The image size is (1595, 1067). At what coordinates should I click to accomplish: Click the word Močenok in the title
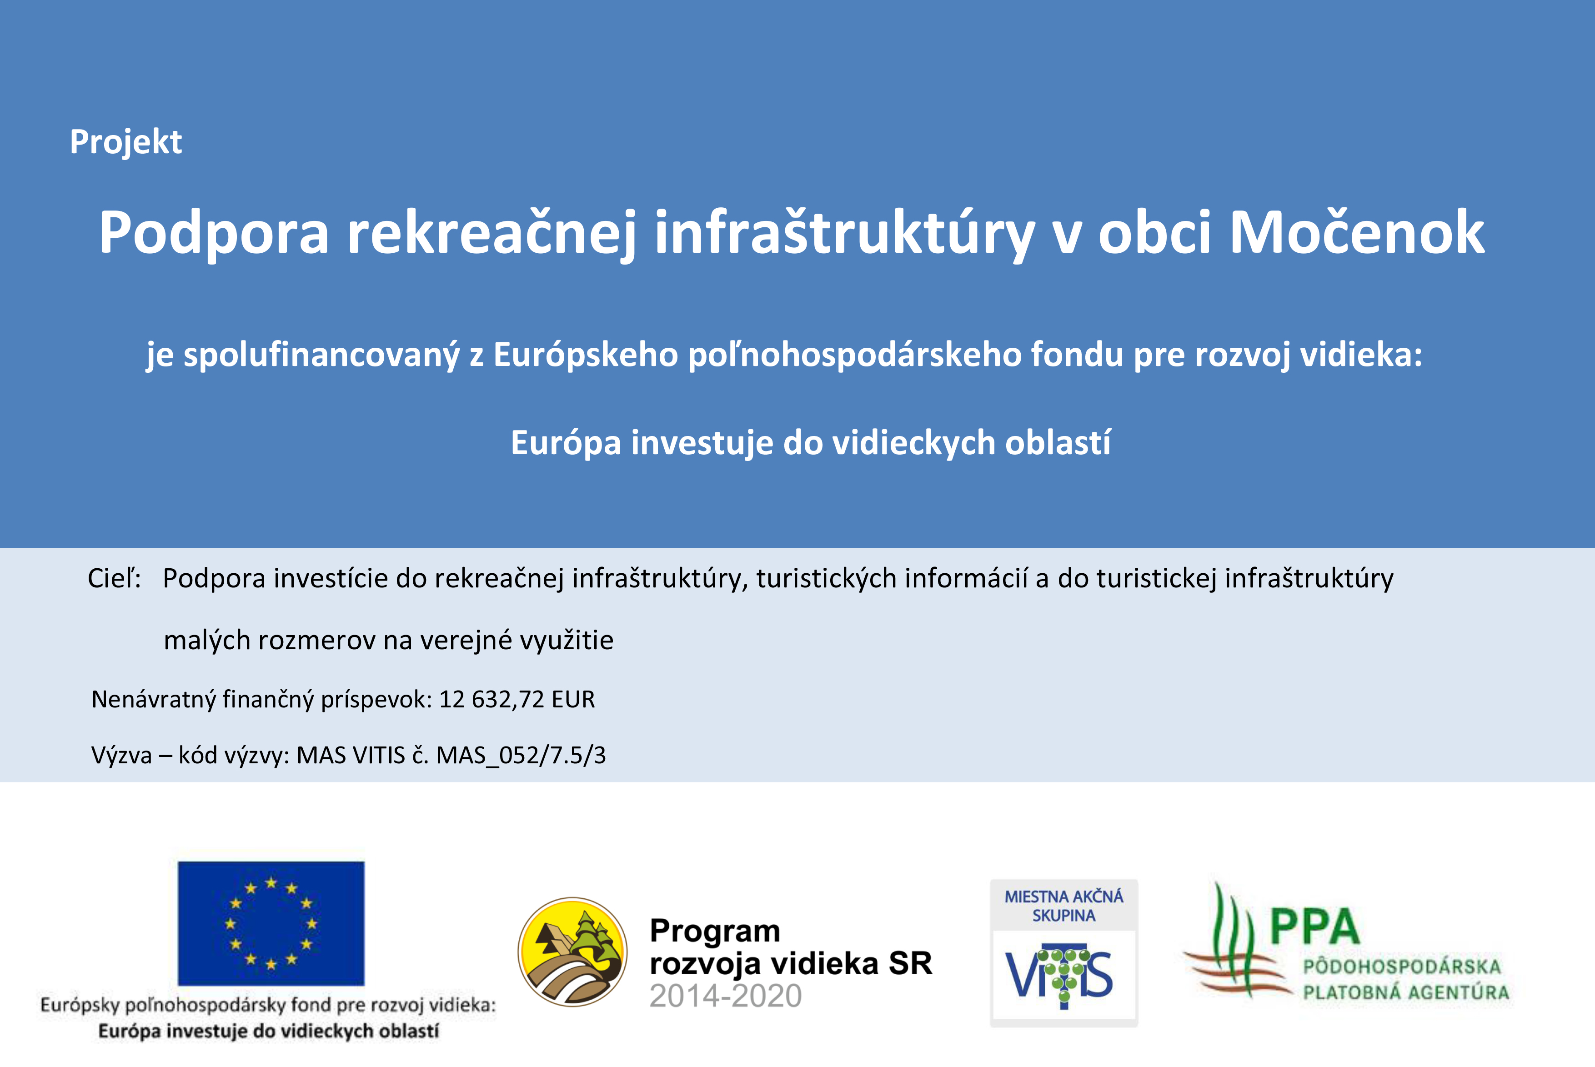1357,233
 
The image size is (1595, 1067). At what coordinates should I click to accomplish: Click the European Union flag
271,923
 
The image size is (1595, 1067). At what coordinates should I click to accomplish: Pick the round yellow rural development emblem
572,952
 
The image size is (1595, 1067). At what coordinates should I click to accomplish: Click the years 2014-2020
725,996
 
